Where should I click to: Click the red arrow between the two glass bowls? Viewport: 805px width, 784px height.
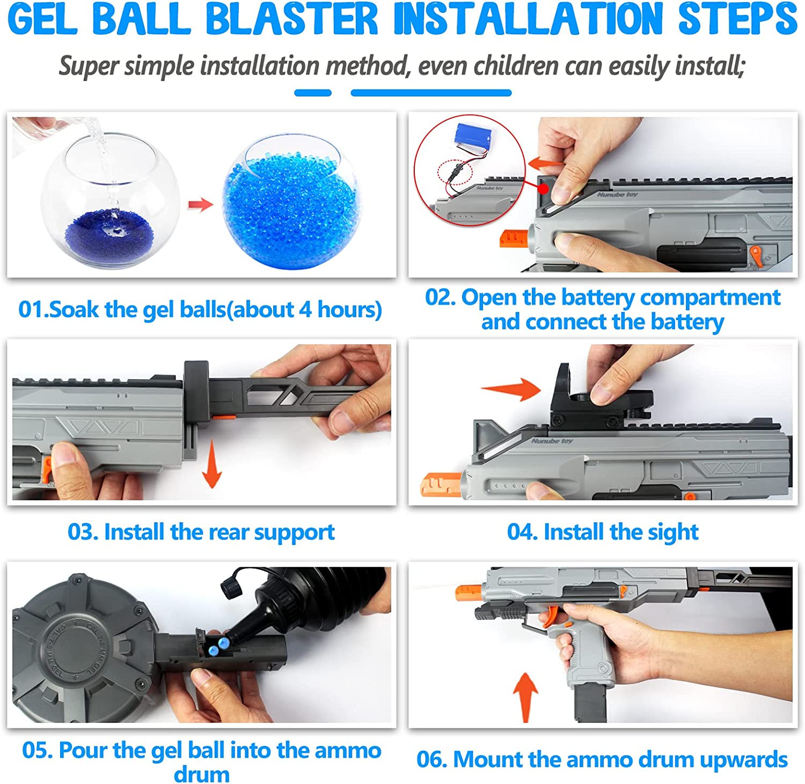(x=200, y=204)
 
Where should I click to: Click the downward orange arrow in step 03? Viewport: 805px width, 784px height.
(x=213, y=464)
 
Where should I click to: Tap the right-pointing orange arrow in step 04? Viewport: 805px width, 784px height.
(x=511, y=388)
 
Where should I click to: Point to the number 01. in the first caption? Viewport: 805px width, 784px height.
(x=33, y=309)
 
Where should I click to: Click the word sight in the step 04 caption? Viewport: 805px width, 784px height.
(x=673, y=532)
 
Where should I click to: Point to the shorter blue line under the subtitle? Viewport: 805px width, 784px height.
(x=313, y=93)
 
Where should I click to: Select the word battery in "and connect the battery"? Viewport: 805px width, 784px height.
(x=687, y=322)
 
